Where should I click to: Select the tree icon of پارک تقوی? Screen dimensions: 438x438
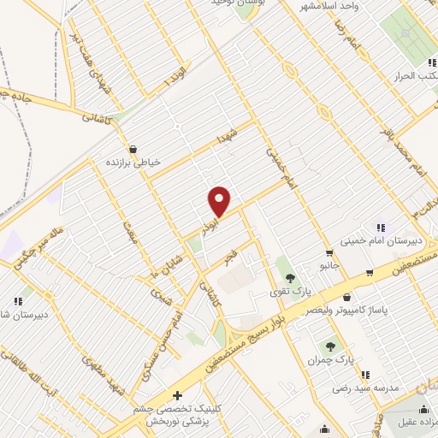pos(291,277)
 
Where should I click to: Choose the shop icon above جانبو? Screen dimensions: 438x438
pos(329,253)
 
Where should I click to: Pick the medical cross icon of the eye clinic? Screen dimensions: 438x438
pos(177,395)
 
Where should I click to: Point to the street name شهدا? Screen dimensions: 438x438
pos(225,136)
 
